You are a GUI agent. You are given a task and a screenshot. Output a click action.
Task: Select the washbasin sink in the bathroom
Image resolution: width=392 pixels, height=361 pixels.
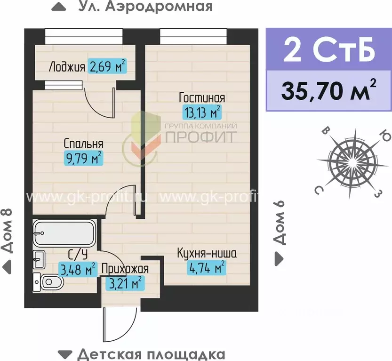(x=39, y=258)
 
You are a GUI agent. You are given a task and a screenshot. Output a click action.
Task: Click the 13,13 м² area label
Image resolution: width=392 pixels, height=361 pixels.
(x=201, y=112)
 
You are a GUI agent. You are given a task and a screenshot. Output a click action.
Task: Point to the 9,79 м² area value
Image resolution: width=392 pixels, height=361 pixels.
(x=83, y=159)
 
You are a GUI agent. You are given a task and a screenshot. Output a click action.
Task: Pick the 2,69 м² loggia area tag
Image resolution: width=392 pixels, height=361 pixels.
(x=108, y=66)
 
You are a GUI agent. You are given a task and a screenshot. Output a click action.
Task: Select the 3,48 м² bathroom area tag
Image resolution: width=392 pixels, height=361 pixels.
(x=77, y=270)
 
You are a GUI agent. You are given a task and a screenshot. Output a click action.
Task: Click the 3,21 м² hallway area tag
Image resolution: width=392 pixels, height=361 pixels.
(x=125, y=283)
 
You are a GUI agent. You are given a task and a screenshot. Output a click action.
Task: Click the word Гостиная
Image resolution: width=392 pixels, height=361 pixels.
(x=202, y=98)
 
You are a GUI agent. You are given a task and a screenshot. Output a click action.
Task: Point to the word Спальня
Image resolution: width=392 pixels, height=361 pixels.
(x=83, y=144)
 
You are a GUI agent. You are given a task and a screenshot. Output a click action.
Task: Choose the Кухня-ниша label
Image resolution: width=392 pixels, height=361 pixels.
(x=207, y=254)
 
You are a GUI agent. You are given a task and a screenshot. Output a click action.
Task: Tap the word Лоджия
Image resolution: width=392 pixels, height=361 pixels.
(x=66, y=67)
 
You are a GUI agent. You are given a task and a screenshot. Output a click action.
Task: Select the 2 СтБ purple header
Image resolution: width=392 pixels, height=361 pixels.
(x=329, y=50)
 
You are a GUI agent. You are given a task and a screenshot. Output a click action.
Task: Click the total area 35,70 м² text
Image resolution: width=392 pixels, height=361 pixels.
(x=329, y=91)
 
